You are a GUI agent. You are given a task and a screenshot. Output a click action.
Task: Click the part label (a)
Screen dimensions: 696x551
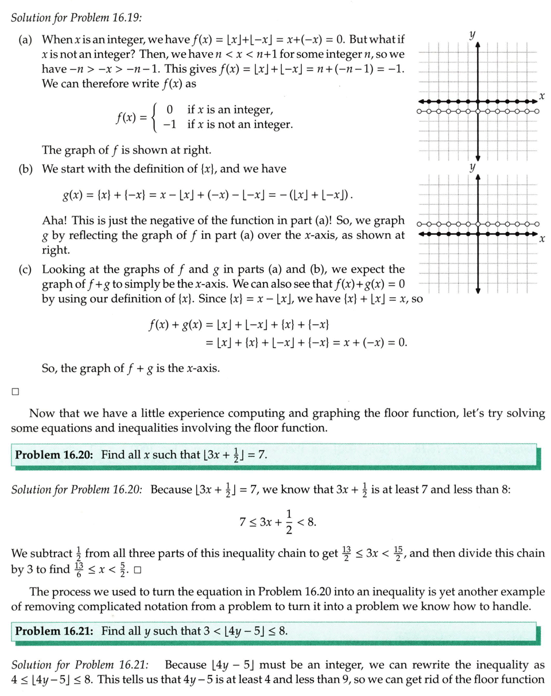(x=26, y=41)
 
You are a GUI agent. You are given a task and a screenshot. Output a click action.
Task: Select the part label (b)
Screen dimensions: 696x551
(x=26, y=170)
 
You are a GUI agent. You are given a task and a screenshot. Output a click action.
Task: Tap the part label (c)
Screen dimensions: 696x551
(x=26, y=270)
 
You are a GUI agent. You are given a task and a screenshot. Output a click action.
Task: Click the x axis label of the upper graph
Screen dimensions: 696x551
(x=541, y=93)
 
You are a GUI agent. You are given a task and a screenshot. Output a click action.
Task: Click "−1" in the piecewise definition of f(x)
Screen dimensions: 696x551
(x=168, y=125)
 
